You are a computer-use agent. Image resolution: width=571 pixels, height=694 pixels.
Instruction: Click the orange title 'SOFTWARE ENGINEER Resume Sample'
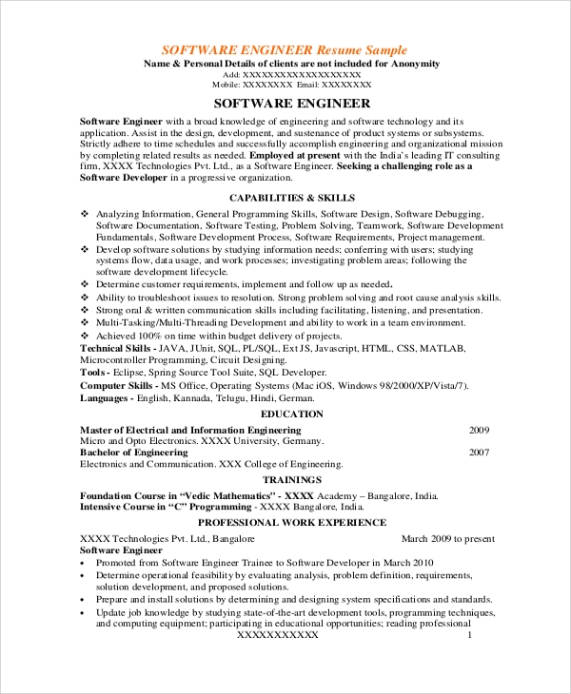point(284,49)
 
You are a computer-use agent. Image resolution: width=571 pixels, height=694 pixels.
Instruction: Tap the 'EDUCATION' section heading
point(291,414)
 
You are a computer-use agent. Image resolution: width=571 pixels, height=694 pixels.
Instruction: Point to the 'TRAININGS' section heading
point(291,480)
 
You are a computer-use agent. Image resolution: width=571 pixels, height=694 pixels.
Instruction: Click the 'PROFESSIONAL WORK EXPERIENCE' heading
point(291,522)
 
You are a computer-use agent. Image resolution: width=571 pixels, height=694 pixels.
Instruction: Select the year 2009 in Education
point(479,430)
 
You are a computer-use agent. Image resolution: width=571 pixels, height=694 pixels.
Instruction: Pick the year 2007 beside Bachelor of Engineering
point(479,453)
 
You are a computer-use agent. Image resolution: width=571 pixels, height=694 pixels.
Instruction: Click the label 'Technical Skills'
point(116,349)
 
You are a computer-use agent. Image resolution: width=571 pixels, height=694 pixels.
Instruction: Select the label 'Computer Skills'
point(117,385)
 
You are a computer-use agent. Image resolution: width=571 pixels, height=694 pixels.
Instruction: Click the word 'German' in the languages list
point(305,400)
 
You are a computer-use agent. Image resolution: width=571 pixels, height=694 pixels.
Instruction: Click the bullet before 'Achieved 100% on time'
point(85,337)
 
